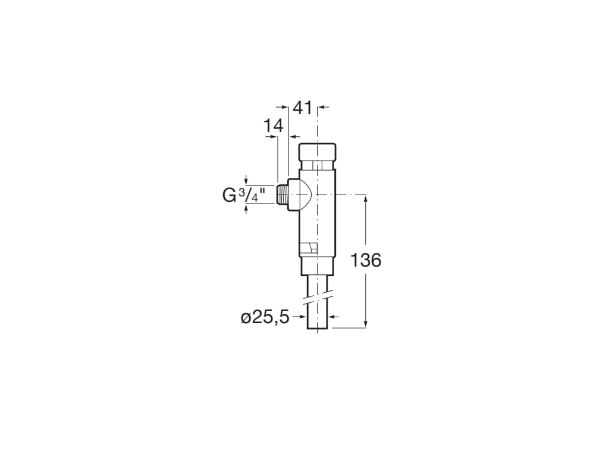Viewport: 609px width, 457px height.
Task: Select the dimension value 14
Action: [x=274, y=126]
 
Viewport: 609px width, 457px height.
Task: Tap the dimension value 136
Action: [x=366, y=260]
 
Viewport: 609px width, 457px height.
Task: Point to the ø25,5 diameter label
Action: [x=265, y=318]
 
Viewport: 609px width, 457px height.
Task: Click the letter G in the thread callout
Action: [x=230, y=195]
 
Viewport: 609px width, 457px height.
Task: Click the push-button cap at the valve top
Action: [x=318, y=153]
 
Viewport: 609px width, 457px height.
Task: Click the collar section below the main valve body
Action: [x=318, y=266]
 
